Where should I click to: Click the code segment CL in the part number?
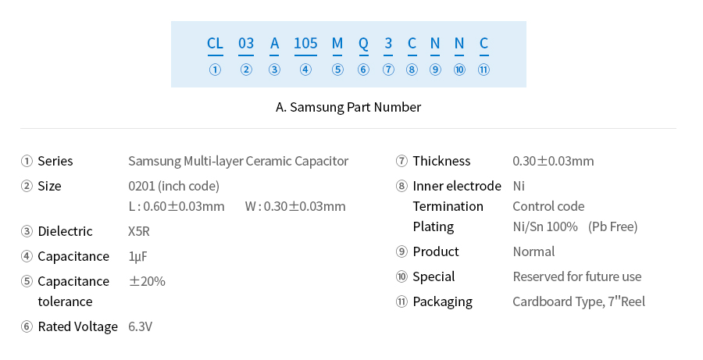pos(215,44)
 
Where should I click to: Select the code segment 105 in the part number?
pos(305,44)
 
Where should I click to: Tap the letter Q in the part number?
pos(363,44)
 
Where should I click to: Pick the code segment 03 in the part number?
pos(246,44)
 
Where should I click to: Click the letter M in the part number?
pos(337,44)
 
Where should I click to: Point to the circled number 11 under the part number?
pos(484,70)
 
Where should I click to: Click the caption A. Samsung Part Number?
pos(348,107)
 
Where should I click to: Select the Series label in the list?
pos(55,161)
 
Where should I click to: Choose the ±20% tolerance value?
pos(147,281)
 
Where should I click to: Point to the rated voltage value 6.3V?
pos(141,326)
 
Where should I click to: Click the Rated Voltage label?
pos(77,326)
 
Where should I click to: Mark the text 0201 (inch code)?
pos(173,186)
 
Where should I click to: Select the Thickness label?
pos(441,161)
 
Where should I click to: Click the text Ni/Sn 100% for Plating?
pos(545,226)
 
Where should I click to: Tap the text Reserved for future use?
pos(576,276)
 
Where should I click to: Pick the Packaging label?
pos(442,301)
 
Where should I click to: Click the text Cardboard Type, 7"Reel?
pos(578,301)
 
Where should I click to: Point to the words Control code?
pos(548,206)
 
